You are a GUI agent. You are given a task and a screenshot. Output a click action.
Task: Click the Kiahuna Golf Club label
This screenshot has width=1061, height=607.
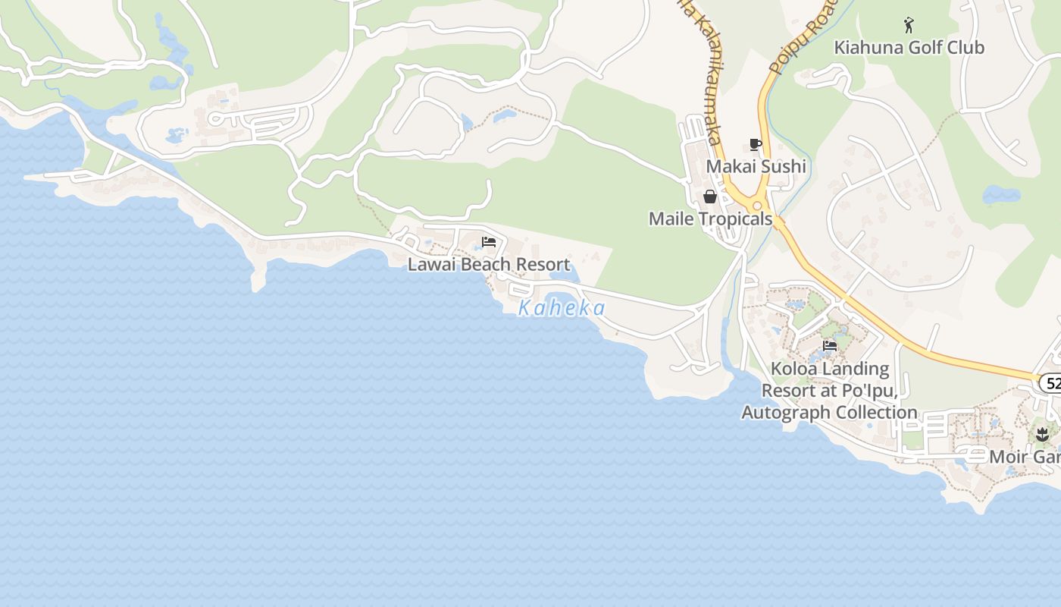[909, 47]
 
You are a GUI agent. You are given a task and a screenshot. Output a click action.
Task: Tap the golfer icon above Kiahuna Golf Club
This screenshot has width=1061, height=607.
[909, 26]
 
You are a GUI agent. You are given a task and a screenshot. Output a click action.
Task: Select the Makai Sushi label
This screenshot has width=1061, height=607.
[756, 166]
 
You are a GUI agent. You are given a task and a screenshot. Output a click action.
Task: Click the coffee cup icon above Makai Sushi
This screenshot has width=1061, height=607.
[755, 144]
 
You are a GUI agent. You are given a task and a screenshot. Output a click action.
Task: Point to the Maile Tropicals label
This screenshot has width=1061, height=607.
[710, 219]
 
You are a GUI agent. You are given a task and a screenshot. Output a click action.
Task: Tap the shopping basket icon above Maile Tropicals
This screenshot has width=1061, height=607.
[710, 197]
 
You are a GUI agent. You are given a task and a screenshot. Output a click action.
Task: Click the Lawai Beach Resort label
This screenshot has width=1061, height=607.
[489, 265]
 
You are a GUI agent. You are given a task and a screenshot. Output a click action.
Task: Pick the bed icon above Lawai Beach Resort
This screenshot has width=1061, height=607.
[489, 243]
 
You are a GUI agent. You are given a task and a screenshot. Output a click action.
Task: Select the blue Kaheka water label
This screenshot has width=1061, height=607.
[562, 308]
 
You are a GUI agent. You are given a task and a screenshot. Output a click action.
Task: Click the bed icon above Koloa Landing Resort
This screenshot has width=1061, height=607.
[830, 346]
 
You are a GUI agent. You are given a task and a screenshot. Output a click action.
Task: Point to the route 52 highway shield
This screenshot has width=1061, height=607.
[1050, 383]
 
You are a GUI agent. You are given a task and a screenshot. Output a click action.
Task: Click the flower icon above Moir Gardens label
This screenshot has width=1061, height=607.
[1042, 435]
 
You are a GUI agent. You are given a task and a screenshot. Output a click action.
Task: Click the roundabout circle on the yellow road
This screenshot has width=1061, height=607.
[756, 205]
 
